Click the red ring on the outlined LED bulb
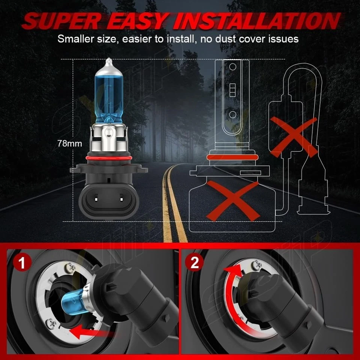232,156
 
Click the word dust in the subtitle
227,39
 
